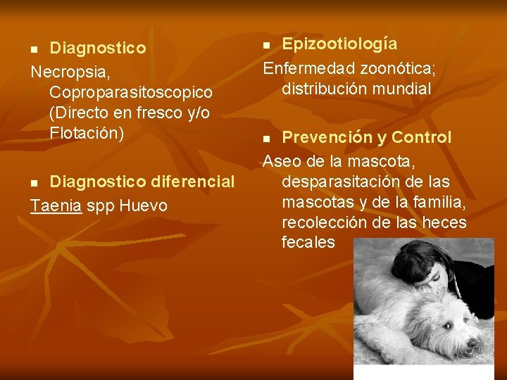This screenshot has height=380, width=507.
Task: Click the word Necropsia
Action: click(68, 72)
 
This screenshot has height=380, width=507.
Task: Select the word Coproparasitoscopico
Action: click(131, 92)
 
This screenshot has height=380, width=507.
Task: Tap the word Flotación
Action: click(87, 132)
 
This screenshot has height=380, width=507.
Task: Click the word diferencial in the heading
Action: click(192, 182)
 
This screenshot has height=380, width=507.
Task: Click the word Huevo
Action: click(144, 205)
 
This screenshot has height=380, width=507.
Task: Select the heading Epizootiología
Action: click(339, 44)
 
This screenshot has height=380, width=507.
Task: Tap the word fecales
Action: click(308, 243)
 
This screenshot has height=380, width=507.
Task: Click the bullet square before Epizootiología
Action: click(267, 45)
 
